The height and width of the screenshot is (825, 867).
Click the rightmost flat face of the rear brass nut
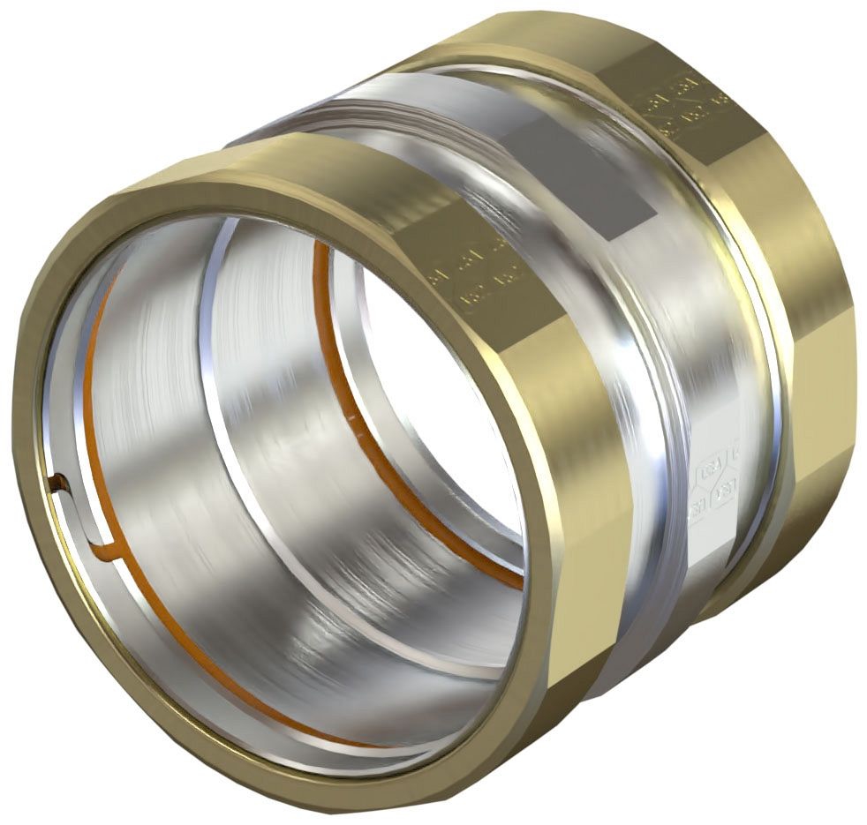pos(826,353)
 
